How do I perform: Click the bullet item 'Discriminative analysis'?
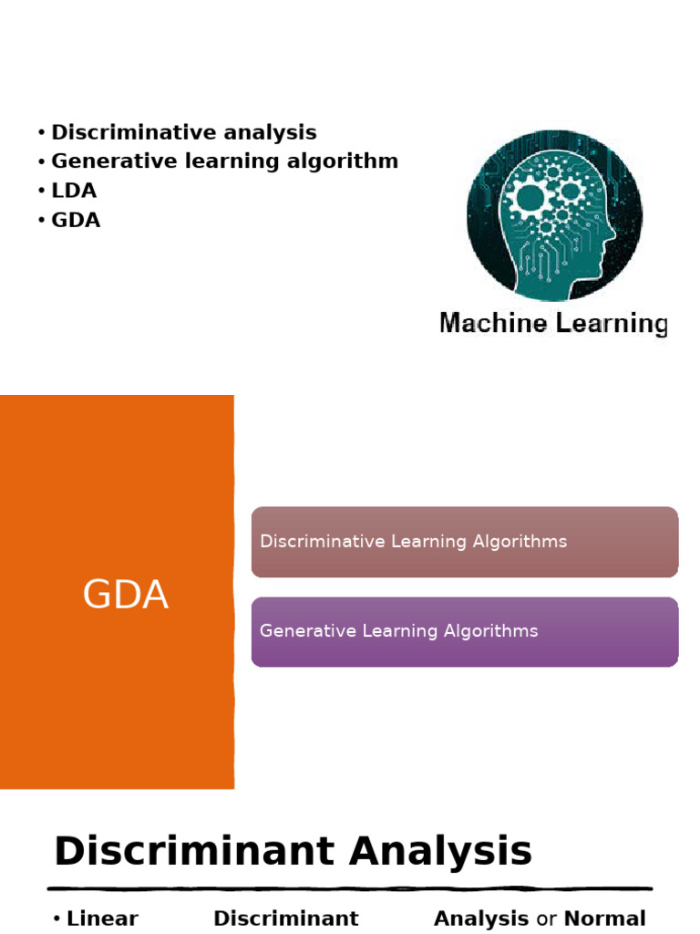(x=183, y=132)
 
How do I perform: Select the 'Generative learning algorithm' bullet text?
(x=224, y=161)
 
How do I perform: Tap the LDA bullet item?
(x=74, y=191)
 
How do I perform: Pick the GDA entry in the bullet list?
(x=76, y=220)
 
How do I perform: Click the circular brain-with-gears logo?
(x=554, y=215)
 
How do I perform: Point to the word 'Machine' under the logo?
(x=493, y=323)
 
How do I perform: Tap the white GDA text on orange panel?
(x=125, y=596)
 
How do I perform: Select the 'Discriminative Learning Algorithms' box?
(x=464, y=542)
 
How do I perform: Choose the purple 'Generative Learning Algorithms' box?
(x=464, y=631)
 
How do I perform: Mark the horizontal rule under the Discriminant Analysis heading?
(x=350, y=887)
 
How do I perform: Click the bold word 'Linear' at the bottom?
(x=102, y=918)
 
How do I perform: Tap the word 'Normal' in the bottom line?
(x=605, y=918)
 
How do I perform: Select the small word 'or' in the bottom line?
(x=546, y=919)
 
